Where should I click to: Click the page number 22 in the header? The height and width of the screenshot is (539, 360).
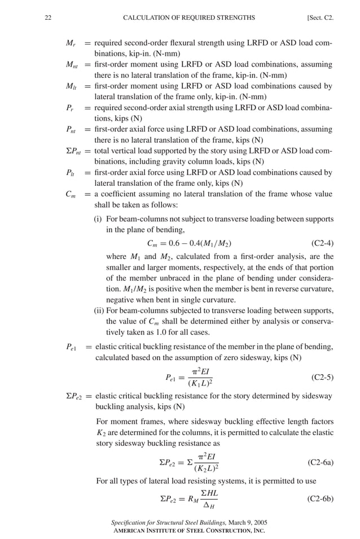(48, 18)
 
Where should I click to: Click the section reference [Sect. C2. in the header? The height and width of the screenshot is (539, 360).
(320, 18)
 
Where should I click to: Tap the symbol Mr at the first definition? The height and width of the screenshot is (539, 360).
(71, 43)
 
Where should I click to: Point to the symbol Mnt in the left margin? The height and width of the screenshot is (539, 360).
(72, 65)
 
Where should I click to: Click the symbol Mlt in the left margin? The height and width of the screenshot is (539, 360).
(71, 86)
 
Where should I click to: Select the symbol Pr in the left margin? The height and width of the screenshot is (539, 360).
(70, 108)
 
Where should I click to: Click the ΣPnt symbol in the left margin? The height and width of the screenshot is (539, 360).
(74, 151)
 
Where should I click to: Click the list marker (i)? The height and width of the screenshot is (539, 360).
(98, 219)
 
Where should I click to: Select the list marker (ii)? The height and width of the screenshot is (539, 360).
(99, 310)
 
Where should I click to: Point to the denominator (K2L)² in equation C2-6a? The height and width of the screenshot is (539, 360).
(206, 468)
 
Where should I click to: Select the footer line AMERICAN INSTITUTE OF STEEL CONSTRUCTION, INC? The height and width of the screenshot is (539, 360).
(188, 531)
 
